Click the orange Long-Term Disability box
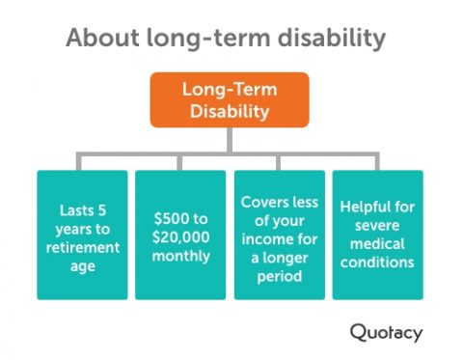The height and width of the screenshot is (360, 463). (229, 100)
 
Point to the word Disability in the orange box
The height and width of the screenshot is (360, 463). (229, 111)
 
